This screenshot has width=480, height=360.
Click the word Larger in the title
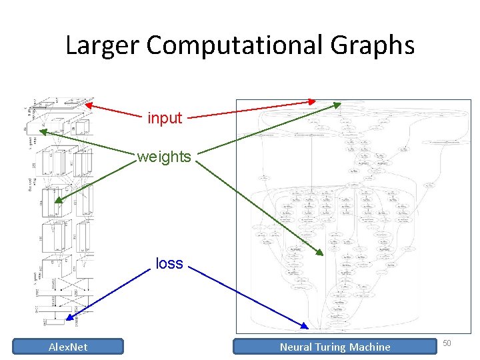(102, 45)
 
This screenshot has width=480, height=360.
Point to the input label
(165, 118)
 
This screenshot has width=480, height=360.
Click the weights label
(164, 157)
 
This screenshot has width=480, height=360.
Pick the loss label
(169, 263)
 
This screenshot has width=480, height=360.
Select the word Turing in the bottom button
(333, 347)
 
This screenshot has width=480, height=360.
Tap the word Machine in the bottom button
(371, 347)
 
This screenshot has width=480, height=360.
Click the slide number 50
(447, 343)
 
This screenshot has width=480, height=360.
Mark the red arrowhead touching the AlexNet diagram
(89, 104)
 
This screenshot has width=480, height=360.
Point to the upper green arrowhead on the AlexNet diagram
(42, 132)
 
